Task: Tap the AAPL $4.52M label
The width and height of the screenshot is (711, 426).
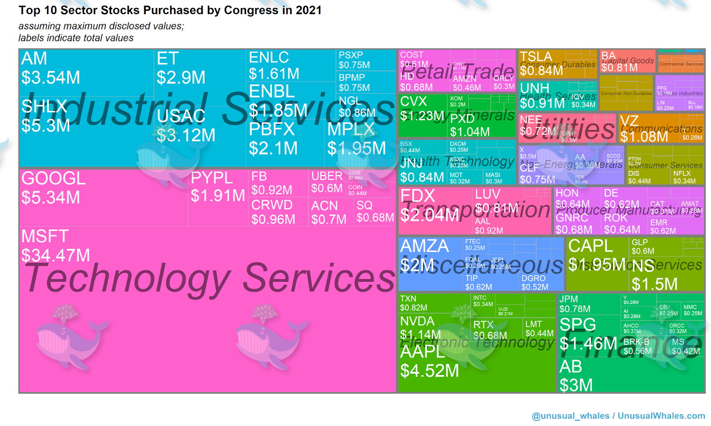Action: click(x=429, y=361)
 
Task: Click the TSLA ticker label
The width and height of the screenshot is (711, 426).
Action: click(x=536, y=57)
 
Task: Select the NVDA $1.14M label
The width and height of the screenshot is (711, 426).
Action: click(x=420, y=327)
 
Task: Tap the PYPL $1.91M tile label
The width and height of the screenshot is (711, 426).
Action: click(x=217, y=187)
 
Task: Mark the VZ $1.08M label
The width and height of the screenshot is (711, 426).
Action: click(x=643, y=129)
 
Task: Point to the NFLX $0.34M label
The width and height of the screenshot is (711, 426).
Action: click(x=684, y=177)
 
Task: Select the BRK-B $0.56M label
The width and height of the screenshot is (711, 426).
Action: click(x=637, y=347)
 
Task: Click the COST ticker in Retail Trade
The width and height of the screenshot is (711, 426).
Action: click(x=411, y=55)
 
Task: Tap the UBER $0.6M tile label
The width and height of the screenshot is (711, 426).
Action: click(x=327, y=182)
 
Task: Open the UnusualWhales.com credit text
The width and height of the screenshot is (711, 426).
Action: click(x=661, y=416)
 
